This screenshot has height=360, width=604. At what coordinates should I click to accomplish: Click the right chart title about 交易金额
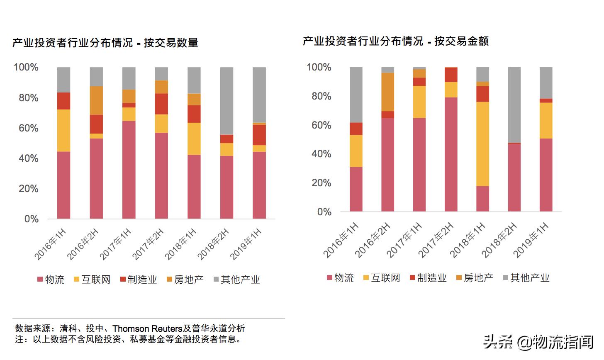point(396,41)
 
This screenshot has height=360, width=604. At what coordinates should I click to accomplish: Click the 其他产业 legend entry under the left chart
point(236,280)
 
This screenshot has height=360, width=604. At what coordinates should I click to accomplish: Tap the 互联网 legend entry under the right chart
point(381,278)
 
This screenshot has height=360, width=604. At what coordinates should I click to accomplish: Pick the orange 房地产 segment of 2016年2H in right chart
point(387,92)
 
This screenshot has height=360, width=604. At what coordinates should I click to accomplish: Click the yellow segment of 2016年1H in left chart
point(63,130)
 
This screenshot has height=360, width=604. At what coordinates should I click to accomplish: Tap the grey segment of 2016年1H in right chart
point(356,95)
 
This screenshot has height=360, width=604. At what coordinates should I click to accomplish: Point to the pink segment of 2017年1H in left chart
point(129,170)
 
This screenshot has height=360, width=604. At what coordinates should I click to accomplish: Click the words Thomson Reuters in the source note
point(147,328)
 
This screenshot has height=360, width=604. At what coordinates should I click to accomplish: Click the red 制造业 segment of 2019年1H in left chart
point(259,135)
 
